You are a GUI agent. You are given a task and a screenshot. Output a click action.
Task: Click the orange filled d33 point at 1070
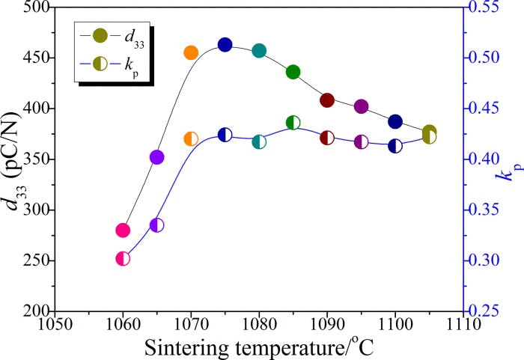(191, 52)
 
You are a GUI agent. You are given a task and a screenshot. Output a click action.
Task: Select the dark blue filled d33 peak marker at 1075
(225, 45)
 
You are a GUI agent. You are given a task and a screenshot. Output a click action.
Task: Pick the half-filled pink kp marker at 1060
(123, 258)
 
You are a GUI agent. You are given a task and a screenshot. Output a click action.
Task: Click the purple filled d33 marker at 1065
(157, 157)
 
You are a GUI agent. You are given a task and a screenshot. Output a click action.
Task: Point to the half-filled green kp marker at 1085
(293, 122)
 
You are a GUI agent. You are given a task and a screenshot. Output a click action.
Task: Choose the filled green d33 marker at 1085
(293, 72)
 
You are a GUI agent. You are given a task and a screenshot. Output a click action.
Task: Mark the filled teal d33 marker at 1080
(259, 51)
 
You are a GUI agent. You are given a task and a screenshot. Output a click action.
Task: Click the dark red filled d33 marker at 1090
(327, 100)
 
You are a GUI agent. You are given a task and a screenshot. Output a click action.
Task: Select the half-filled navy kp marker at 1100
(395, 145)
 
